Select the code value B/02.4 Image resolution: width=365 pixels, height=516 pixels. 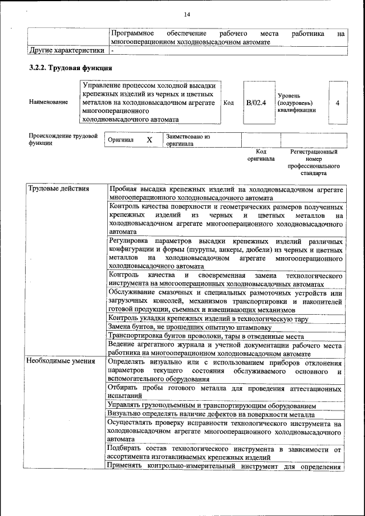coord(256,103)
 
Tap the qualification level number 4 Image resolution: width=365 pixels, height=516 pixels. coord(338,103)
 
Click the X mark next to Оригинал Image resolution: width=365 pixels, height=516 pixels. coord(149,140)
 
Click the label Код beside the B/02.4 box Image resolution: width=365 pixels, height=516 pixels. coord(229,103)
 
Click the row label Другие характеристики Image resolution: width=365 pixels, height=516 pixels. coord(67,50)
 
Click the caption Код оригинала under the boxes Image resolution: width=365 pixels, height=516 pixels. coord(261,155)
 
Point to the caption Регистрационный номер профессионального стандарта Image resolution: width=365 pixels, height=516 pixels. coord(314,162)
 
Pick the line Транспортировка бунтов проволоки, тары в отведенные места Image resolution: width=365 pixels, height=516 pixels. coord(214,336)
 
